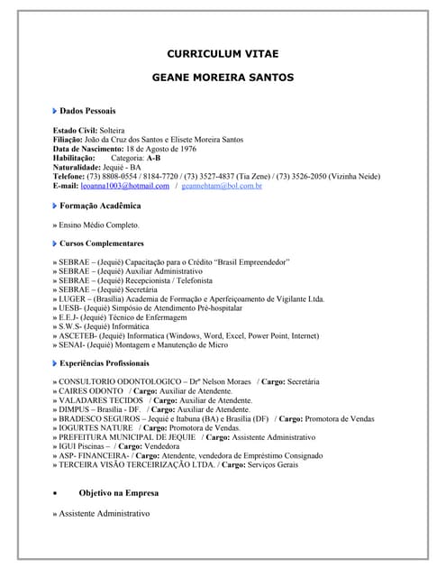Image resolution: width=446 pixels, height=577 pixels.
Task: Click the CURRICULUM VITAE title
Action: point(222,53)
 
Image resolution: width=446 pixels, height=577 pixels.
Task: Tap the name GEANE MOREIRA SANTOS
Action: point(222,78)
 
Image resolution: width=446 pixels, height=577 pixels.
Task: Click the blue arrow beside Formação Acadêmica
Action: point(55,206)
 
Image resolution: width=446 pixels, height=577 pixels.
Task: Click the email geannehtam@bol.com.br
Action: point(221,186)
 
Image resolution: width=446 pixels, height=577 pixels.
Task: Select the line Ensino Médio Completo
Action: point(99,224)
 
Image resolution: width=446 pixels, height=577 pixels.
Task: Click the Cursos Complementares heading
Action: point(102,243)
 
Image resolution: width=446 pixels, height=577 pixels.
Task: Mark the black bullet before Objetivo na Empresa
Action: point(57,494)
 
